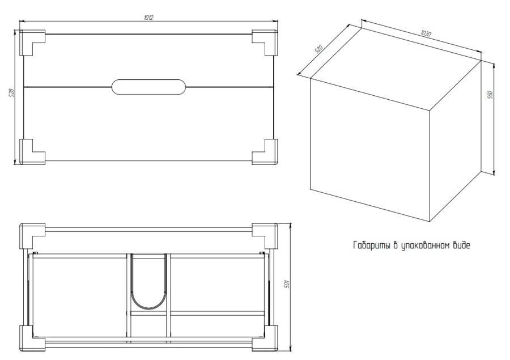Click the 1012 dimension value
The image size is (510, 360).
click(148, 18)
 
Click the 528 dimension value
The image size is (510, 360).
click(11, 94)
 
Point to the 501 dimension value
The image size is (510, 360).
click(287, 283)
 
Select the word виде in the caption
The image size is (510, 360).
click(461, 245)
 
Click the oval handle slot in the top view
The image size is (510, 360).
click(148, 87)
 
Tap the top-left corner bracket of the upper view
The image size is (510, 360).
click(33, 43)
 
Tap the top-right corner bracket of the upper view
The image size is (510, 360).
click(264, 42)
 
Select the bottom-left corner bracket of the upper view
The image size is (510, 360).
click(33, 151)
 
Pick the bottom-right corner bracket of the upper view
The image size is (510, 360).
click(264, 151)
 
